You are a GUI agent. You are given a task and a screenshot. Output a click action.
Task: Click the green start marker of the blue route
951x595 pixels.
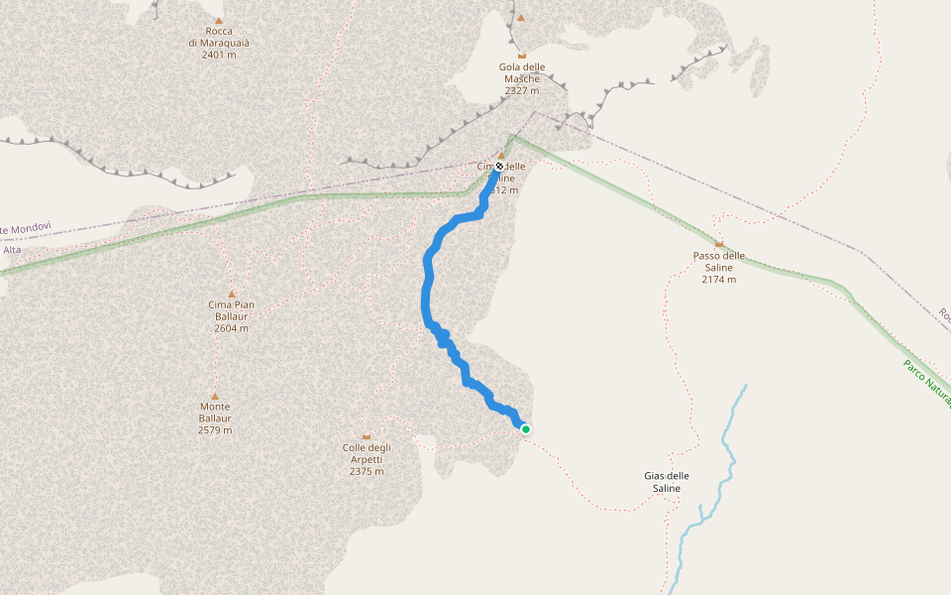526,429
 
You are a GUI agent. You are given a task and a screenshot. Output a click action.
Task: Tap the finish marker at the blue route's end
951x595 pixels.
499,167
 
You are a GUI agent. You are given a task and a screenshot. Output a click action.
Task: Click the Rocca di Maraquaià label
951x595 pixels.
219,37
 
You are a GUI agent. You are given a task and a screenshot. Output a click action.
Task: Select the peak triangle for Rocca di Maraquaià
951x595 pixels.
219,20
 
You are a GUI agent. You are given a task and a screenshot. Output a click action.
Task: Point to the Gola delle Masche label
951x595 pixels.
522,72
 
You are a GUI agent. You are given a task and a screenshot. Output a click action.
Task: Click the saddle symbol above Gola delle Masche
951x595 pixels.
522,55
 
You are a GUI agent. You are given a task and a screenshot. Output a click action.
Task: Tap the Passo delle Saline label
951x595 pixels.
718,261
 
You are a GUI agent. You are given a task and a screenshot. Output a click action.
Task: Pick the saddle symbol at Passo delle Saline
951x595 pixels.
718,244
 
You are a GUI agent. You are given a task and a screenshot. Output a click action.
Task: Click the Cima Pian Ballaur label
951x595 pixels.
231,310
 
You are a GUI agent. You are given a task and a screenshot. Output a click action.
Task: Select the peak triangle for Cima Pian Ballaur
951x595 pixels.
231,294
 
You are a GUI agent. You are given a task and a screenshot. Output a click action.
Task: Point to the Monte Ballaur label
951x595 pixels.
215,412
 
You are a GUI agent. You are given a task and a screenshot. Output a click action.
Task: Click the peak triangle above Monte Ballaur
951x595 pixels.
215,395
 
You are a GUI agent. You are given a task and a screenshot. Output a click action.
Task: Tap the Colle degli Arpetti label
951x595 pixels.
367,453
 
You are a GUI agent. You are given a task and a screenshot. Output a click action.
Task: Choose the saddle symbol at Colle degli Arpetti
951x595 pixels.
367,436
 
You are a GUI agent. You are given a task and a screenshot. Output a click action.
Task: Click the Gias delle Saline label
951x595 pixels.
666,482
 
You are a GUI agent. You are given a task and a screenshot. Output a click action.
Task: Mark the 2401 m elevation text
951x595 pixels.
219,55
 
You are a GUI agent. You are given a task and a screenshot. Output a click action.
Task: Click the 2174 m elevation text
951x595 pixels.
718,280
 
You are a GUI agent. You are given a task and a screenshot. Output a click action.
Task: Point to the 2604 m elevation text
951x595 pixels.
231,328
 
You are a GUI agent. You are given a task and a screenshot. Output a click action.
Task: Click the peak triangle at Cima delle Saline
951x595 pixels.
501,156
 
